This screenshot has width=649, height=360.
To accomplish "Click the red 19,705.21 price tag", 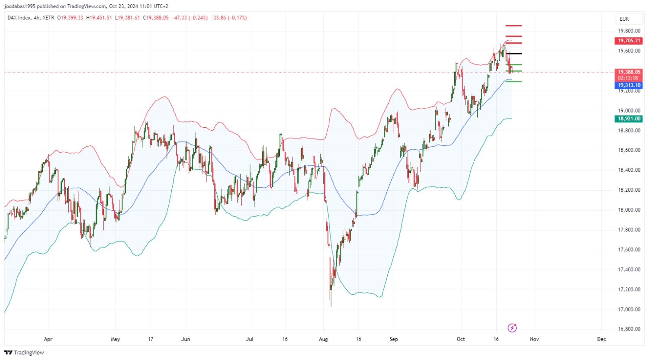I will pos(628,41).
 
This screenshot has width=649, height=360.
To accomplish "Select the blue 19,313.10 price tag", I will pos(628,85).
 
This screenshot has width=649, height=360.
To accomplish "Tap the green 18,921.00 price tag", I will pos(628,119).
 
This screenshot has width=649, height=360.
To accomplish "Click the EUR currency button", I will pos(624,19).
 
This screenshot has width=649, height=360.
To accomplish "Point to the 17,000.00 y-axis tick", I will pos(629,309).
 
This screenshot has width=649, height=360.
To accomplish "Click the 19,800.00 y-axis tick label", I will pos(629,31).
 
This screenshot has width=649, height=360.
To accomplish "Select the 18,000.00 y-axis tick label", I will pos(629,210).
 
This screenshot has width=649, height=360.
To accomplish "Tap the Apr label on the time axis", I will pos(48,339).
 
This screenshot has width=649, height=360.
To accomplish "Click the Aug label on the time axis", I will pos(323,339).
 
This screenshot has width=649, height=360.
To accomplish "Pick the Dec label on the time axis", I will pos(601,339).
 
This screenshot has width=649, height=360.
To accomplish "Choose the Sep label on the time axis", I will pos(393,339).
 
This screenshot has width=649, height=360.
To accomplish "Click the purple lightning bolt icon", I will pos(512,328).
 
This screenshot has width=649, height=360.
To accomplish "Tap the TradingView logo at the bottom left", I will pos(24,353).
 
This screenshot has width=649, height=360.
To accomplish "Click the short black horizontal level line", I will pos(514,54).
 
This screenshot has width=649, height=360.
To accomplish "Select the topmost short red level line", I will pos(514,26).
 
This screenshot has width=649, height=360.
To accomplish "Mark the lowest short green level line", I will pos(514,81).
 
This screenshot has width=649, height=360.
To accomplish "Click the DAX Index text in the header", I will pos(19,18).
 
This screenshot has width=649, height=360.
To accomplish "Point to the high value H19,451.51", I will pos(99,18).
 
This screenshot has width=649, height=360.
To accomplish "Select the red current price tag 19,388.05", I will pos(628,72).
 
